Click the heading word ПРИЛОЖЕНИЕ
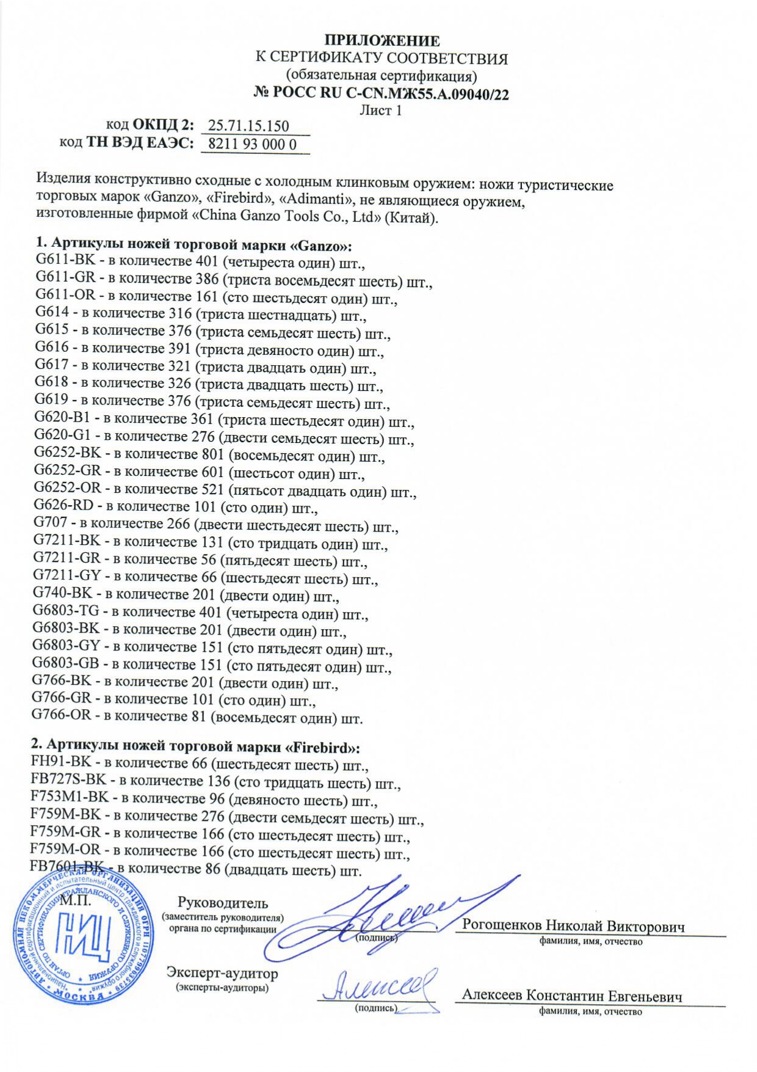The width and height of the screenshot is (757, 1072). [382, 41]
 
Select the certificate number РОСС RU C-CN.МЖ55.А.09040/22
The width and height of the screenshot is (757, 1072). [390, 93]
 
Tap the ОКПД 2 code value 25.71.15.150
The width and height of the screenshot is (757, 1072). [248, 126]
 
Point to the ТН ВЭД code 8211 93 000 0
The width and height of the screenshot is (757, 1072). [252, 144]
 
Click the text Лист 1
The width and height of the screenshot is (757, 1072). [380, 111]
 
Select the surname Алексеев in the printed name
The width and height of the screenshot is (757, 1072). [491, 995]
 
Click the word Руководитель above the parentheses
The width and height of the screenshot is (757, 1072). [222, 902]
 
